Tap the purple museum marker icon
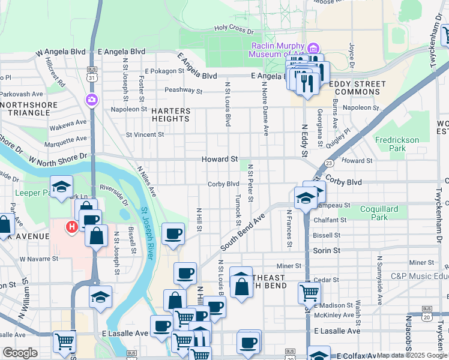pos(312,48)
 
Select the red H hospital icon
pos(71,227)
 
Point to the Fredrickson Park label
pos(397,143)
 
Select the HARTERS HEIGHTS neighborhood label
pos(170,115)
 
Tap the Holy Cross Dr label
pos(234,28)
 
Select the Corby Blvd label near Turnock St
pos(223,184)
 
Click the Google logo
pos(20,353)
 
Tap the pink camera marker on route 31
pos(92,100)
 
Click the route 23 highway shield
pos(329,163)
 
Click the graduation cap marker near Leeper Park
pos(61,187)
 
